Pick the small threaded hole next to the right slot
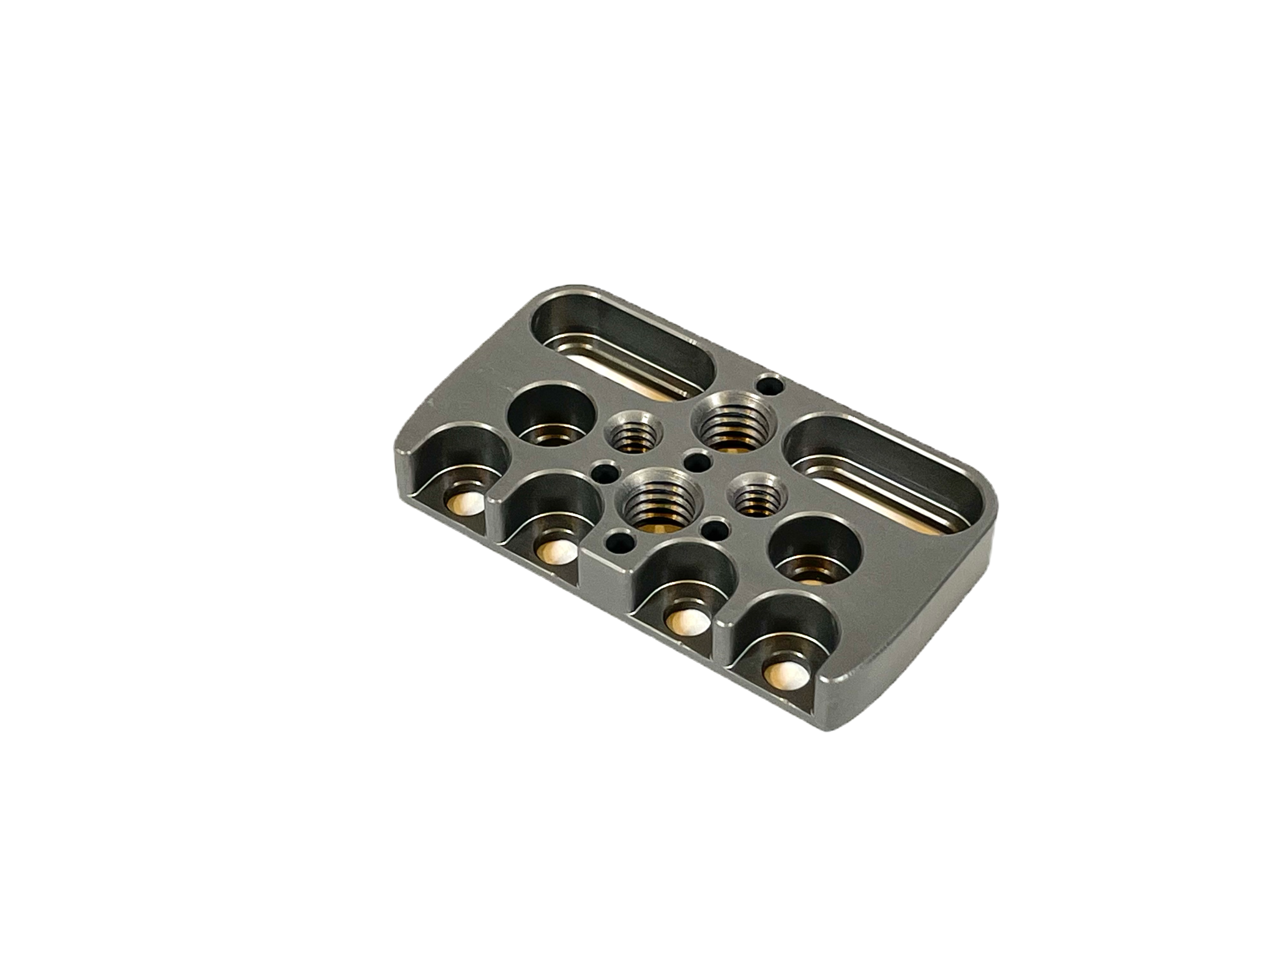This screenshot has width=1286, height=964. tap(756, 497)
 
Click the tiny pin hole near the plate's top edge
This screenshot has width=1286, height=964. tap(771, 383)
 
